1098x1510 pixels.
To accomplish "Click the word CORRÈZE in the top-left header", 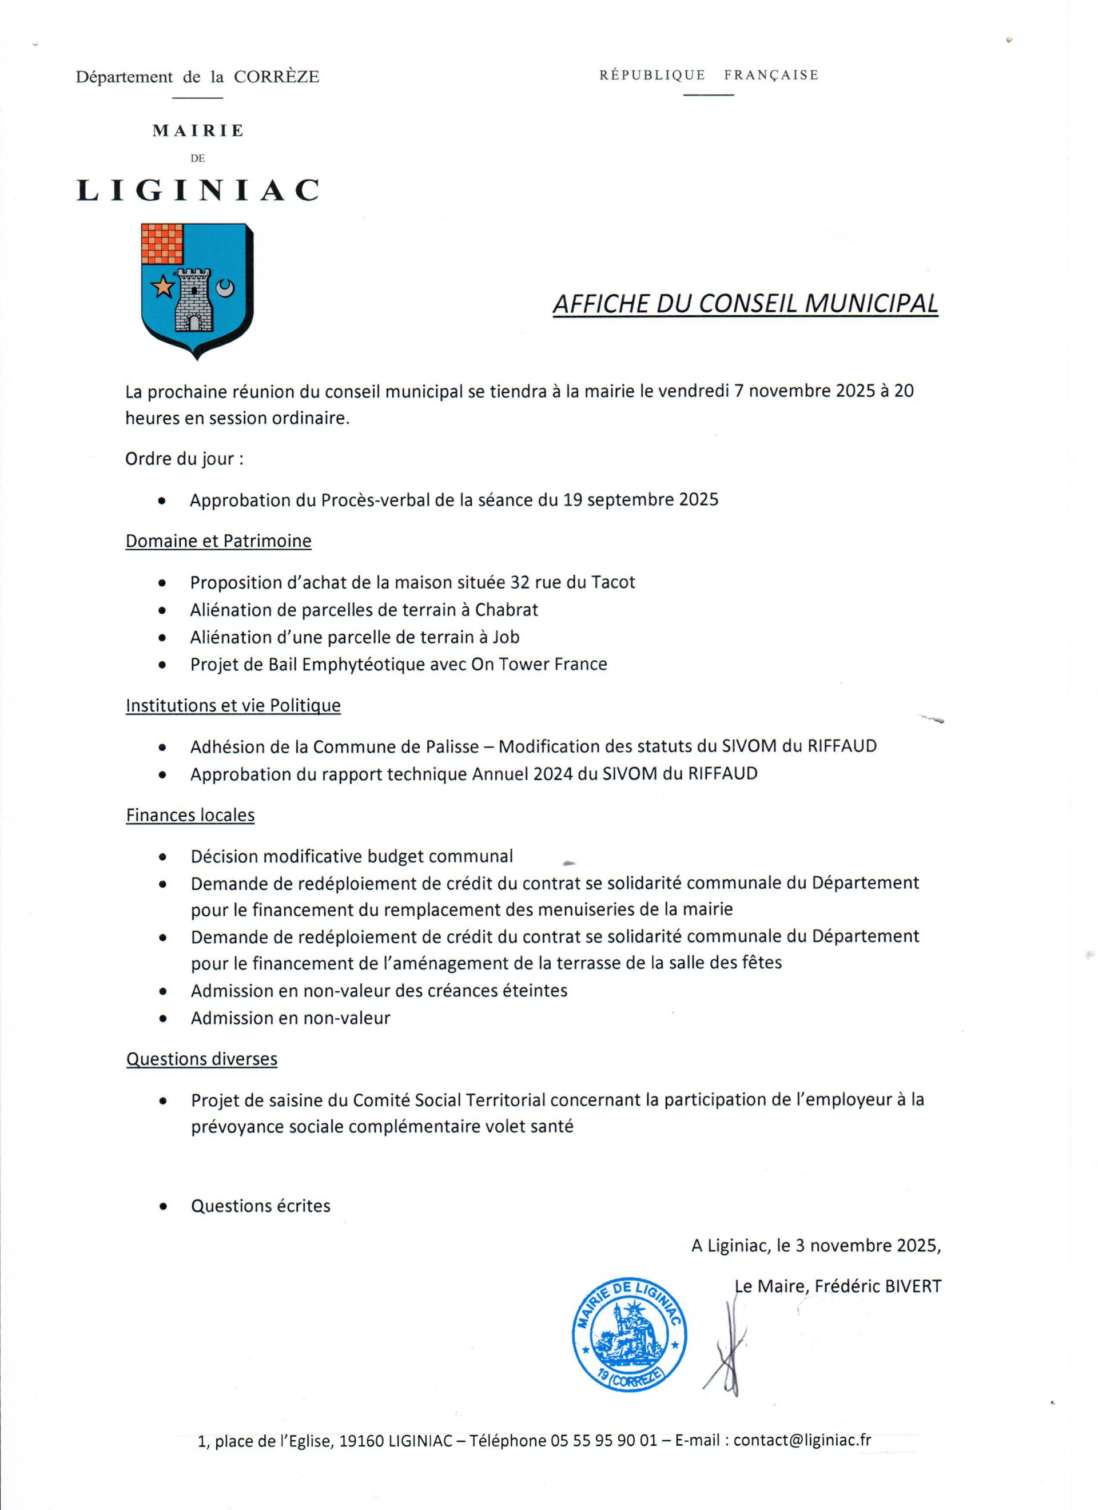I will pyautogui.click(x=276, y=77).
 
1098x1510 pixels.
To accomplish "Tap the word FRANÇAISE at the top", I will pyautogui.click(x=771, y=74).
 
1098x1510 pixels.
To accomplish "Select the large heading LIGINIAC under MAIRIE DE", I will pyautogui.click(x=198, y=190).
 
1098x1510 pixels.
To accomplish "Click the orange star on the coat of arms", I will pyautogui.click(x=162, y=287).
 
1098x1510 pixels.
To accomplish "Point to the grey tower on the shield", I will pyautogui.click(x=193, y=300).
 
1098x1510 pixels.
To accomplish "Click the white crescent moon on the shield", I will pyautogui.click(x=226, y=288).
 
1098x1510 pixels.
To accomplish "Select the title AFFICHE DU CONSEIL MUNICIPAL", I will pyautogui.click(x=745, y=304).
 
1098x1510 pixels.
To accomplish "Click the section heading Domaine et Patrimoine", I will pyautogui.click(x=218, y=541).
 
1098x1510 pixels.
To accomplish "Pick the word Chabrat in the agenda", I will pyautogui.click(x=506, y=609).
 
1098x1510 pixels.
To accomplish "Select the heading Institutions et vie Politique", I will pyautogui.click(x=233, y=705).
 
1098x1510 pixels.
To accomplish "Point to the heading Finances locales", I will pyautogui.click(x=190, y=815).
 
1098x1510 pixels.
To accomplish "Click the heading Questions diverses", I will pyautogui.click(x=202, y=1059).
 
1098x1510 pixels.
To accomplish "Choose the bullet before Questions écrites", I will pyautogui.click(x=162, y=1206).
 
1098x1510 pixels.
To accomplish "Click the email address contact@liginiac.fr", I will pyautogui.click(x=802, y=1440).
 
